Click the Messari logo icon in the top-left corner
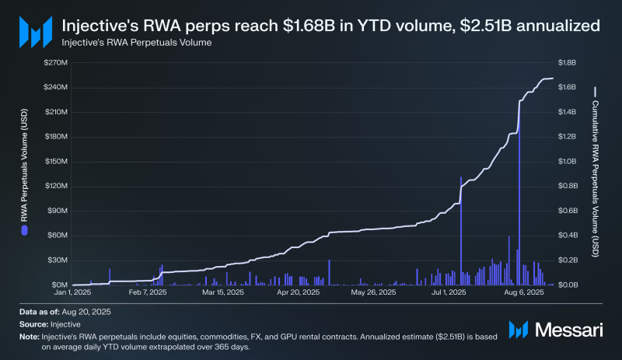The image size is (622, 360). coord(33,32)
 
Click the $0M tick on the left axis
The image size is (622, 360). coord(59,285)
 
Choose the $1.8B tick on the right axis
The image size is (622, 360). coord(570,62)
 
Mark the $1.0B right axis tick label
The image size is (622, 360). coord(570,161)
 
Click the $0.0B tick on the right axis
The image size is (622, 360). coord(570,285)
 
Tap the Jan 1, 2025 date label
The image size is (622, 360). coord(72,293)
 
